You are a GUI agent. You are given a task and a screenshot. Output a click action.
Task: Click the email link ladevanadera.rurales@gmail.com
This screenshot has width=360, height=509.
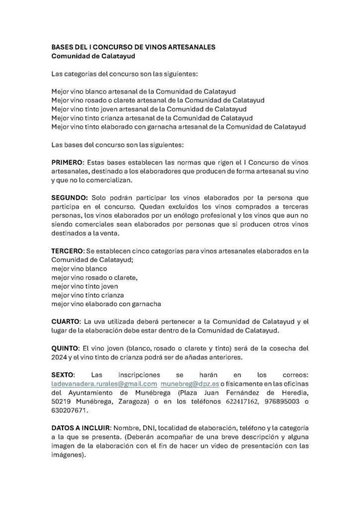tap(104, 384)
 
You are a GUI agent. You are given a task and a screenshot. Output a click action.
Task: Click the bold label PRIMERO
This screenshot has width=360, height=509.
tap(69, 163)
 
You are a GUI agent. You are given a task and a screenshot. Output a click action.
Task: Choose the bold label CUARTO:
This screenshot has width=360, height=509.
tap(67, 321)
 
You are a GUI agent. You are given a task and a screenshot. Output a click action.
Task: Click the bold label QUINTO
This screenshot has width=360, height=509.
tap(67, 348)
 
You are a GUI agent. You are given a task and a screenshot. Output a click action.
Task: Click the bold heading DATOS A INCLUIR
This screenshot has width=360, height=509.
tap(82, 427)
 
